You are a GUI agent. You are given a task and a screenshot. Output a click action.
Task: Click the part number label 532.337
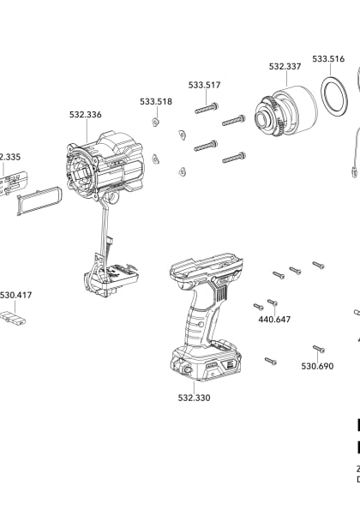(285, 66)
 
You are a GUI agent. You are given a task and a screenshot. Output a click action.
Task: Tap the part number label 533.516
(328, 59)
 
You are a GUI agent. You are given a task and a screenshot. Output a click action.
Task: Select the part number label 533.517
(204, 85)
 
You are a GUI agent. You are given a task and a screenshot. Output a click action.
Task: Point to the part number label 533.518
(156, 102)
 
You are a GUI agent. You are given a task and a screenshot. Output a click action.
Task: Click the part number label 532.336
(86, 114)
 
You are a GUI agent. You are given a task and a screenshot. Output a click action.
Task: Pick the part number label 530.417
(15, 295)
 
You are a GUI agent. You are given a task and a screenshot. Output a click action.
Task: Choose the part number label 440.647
(274, 320)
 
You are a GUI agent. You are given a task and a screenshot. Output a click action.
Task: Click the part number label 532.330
(194, 398)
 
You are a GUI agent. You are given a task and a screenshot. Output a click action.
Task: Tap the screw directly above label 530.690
(318, 349)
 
